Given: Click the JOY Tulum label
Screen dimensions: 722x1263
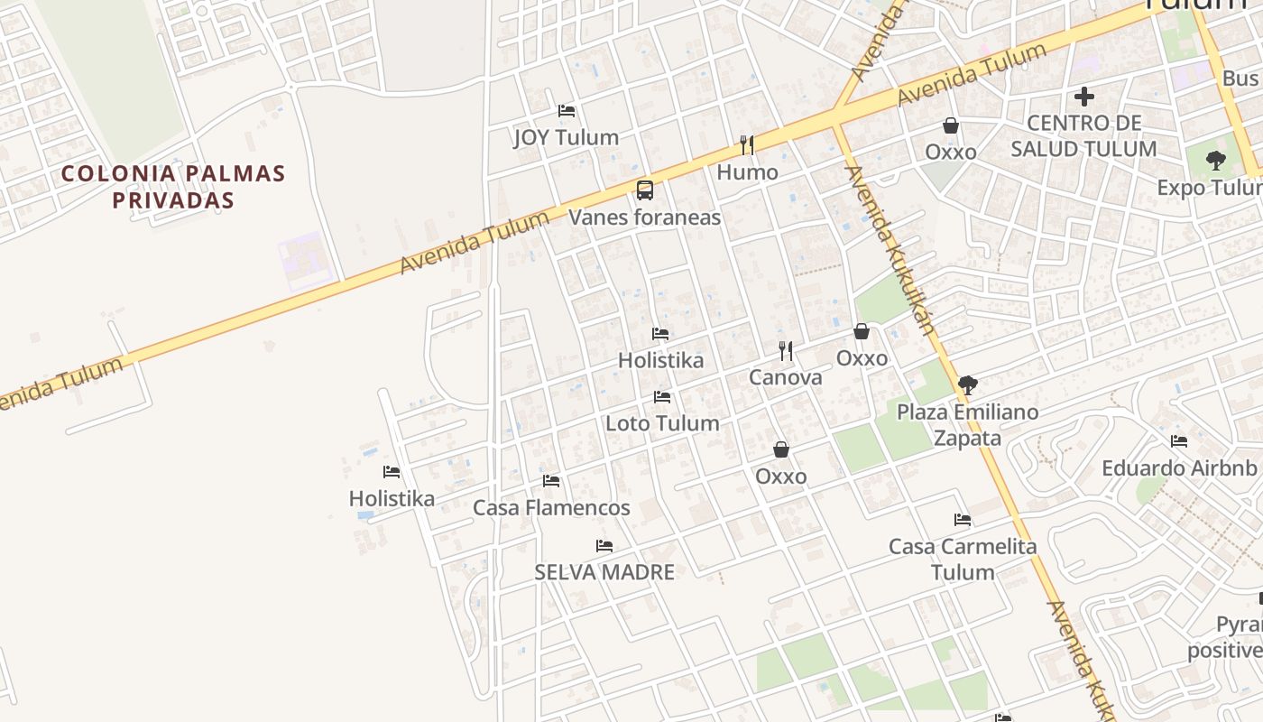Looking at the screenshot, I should [x=566, y=137].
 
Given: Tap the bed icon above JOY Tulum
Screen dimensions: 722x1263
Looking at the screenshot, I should [x=567, y=111].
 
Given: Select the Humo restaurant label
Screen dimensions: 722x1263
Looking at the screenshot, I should [x=747, y=171].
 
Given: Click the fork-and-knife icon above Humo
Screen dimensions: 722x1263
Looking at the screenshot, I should [x=747, y=144].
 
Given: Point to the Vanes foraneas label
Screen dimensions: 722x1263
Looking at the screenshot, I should [x=644, y=217].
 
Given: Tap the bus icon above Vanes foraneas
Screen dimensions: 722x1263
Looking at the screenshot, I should [x=644, y=190].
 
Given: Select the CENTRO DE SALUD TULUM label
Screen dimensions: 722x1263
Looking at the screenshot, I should [x=1083, y=135].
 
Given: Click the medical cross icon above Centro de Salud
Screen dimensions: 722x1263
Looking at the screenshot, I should [x=1084, y=96].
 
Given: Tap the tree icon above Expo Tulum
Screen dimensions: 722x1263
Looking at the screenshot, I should [x=1216, y=161].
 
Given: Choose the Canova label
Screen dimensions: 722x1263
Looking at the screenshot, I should [x=785, y=377].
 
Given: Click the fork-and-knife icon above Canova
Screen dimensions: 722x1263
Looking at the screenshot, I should [x=786, y=350].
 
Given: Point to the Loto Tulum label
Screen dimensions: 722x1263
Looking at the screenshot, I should [x=662, y=423].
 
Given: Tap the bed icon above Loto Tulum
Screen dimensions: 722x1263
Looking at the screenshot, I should [x=662, y=397].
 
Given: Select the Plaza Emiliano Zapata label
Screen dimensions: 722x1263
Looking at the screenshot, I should [x=967, y=425].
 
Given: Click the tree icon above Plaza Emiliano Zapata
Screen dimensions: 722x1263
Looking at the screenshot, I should [x=968, y=385].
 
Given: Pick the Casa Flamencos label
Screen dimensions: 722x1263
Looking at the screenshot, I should [x=551, y=507].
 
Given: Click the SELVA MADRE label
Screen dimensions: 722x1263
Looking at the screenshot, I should [x=604, y=572].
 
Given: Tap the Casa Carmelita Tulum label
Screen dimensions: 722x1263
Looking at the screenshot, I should [x=963, y=559].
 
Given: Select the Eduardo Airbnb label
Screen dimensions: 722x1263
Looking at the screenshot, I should [x=1178, y=468].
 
